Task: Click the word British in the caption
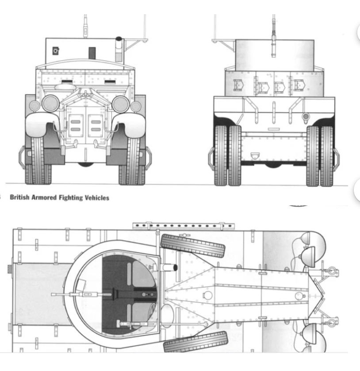[x=19, y=197]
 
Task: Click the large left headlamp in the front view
[x=50, y=104]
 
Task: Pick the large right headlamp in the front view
[x=121, y=104]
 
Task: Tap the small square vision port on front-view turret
[x=56, y=50]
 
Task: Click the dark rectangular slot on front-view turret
[x=92, y=53]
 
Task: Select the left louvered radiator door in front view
[x=76, y=126]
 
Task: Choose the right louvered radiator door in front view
[x=96, y=126]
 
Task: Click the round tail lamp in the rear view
[x=306, y=116]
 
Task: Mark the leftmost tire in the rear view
[x=221, y=155]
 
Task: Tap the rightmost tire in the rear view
[x=327, y=156]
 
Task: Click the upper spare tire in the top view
[x=193, y=246]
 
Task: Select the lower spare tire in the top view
[x=196, y=342]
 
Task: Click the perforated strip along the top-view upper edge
[x=184, y=226]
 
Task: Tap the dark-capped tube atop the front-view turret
[x=119, y=49]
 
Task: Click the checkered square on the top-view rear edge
[x=10, y=269]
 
